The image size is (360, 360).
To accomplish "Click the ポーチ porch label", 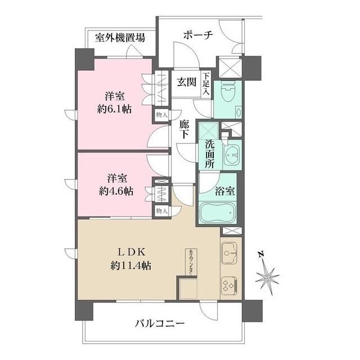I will tap(197, 35).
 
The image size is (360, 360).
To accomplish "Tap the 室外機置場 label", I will tap(120, 38).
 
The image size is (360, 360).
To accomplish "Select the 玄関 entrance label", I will tap(187, 82).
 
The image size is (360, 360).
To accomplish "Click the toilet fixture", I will tap(228, 93).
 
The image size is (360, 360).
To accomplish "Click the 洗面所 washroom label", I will tap(209, 151).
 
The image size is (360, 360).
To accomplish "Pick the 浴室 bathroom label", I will tap(226, 191).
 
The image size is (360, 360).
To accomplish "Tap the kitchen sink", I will tap(231, 253).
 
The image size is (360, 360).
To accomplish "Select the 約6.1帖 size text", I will tap(114, 109).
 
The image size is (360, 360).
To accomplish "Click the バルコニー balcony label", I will tap(160, 324).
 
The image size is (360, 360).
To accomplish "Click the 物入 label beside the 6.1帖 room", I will tap(161, 114).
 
